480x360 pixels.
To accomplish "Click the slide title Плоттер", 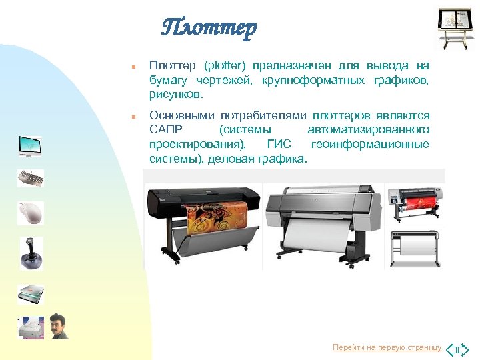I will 209,28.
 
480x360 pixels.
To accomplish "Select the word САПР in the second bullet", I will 165,129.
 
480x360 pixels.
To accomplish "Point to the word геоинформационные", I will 370,144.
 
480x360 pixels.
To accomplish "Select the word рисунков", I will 173,94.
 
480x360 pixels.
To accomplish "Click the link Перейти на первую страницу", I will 387,347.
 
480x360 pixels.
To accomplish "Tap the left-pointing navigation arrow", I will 450,349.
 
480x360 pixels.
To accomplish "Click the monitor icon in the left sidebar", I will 30,146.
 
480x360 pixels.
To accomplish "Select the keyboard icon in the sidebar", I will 31,178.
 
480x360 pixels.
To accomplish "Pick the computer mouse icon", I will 31,213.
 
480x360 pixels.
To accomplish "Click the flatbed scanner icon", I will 31,294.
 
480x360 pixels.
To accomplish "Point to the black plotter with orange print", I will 203,219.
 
